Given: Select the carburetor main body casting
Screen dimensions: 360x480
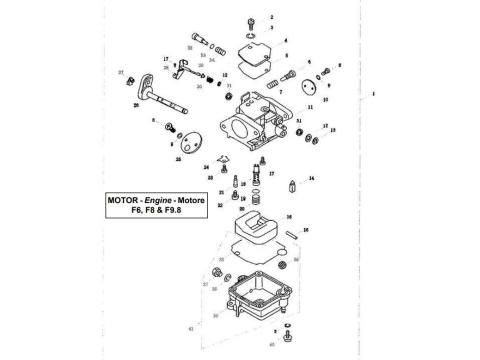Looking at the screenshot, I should (x=262, y=117).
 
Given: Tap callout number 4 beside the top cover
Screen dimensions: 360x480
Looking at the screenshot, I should (x=285, y=40).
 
